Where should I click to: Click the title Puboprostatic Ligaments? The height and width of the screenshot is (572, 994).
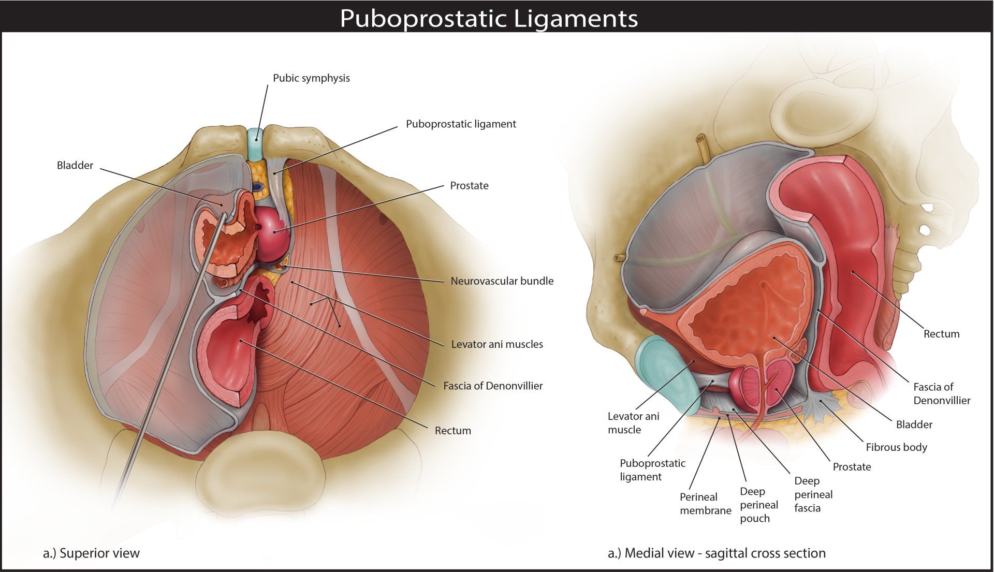pyautogui.click(x=489, y=19)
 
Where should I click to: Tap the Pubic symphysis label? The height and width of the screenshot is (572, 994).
pyautogui.click(x=311, y=78)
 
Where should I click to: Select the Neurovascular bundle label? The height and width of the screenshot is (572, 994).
pyautogui.click(x=502, y=281)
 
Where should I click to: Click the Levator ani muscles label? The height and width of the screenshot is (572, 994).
pyautogui.click(x=497, y=344)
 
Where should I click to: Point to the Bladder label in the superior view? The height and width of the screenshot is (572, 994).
pyautogui.click(x=75, y=166)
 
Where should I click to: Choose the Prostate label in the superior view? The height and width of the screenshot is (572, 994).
pyautogui.click(x=469, y=186)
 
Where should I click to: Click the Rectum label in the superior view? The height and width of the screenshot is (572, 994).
pyautogui.click(x=452, y=431)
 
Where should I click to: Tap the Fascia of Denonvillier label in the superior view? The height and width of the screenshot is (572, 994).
pyautogui.click(x=493, y=386)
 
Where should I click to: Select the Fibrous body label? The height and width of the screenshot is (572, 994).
pyautogui.click(x=896, y=447)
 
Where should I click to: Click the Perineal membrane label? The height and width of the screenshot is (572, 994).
pyautogui.click(x=705, y=504)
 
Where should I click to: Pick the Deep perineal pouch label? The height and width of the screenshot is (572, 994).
pyautogui.click(x=758, y=505)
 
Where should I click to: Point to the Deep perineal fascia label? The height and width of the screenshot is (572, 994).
pyautogui.click(x=813, y=494)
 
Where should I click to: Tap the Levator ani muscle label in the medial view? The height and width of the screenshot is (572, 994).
pyautogui.click(x=633, y=423)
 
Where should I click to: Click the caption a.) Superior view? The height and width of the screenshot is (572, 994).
pyautogui.click(x=91, y=553)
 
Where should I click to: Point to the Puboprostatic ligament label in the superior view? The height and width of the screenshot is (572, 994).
pyautogui.click(x=461, y=124)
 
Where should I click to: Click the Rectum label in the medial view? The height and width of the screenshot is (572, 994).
pyautogui.click(x=941, y=334)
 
